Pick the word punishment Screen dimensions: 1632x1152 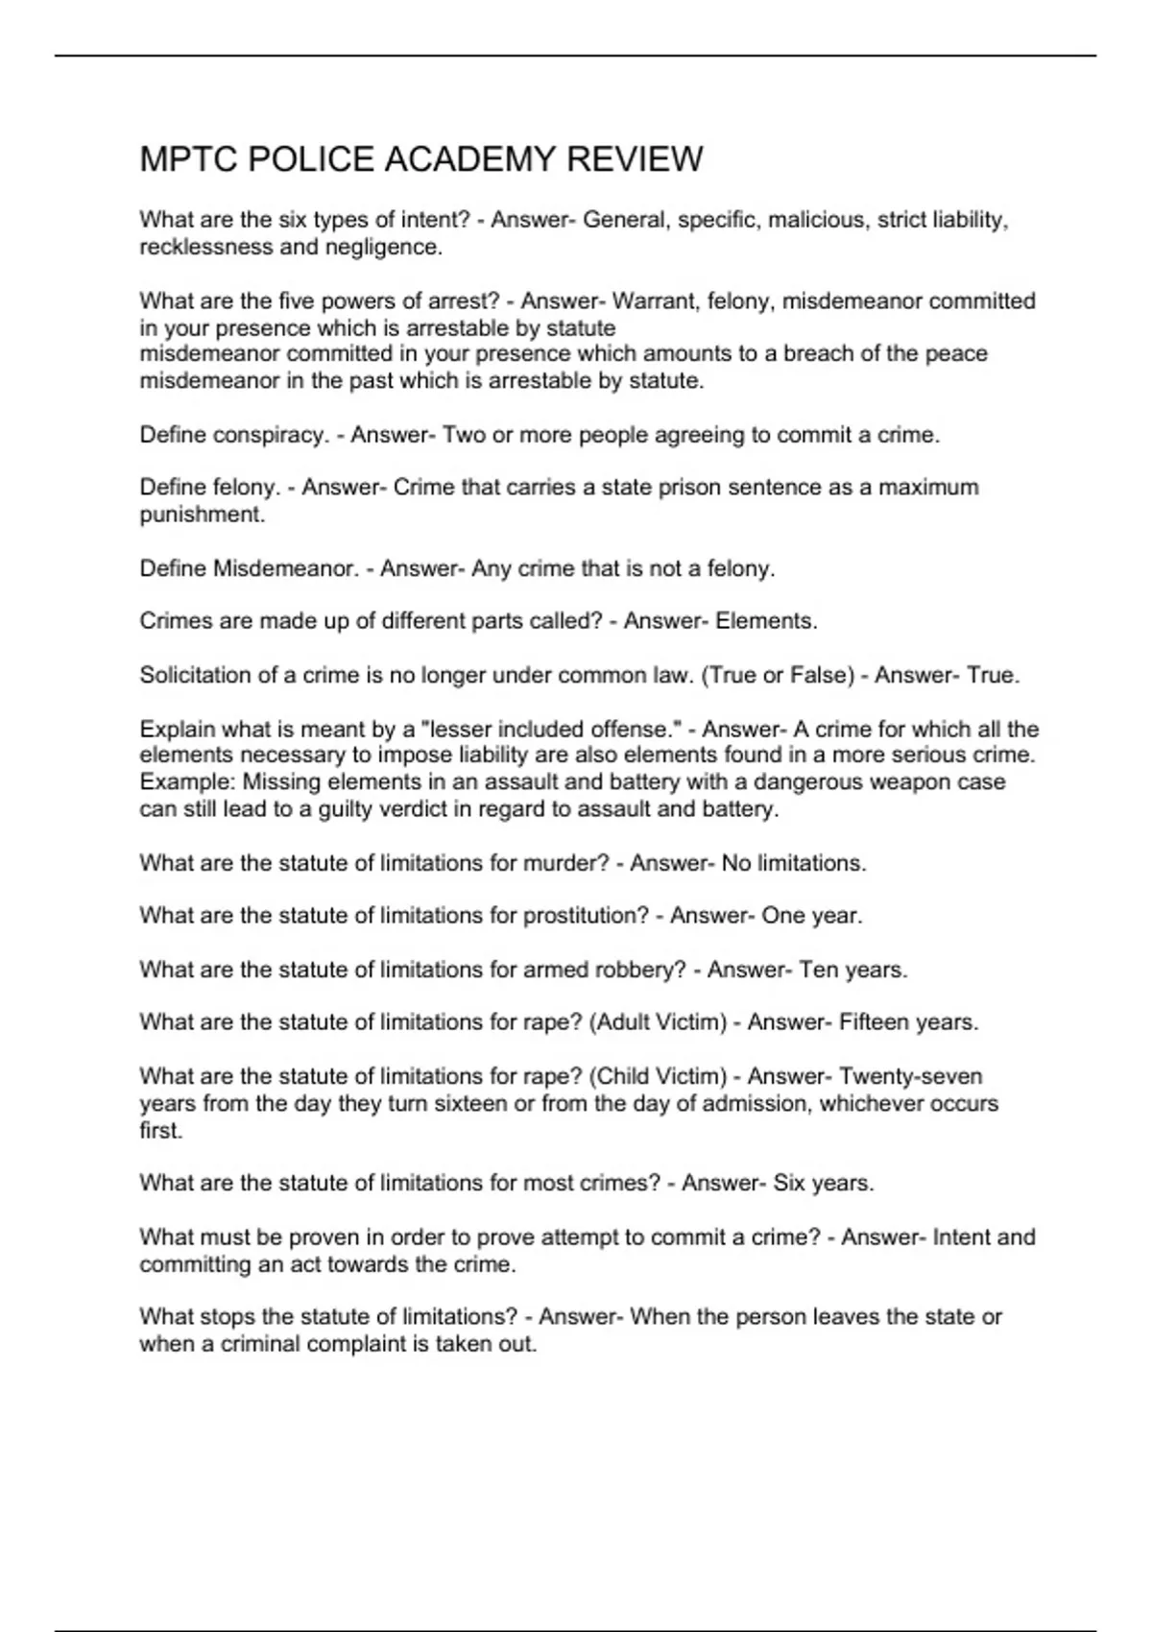coord(202,515)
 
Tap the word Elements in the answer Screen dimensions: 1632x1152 coord(766,621)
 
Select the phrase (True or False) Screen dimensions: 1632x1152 coord(778,675)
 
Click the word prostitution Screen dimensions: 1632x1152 coord(586,916)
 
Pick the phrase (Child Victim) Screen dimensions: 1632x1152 coord(661,1076)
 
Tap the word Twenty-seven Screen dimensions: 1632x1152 coord(910,1076)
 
